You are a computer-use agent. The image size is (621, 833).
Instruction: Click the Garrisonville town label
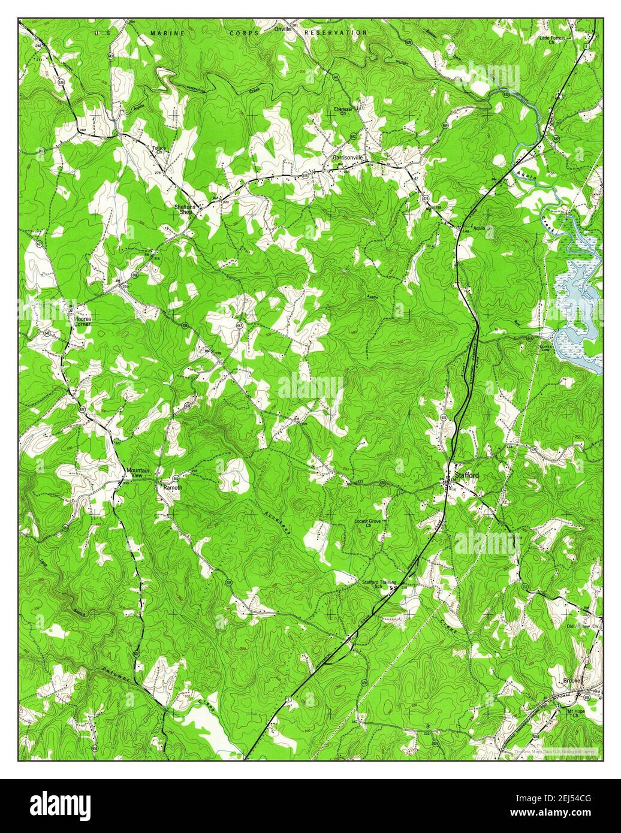351,158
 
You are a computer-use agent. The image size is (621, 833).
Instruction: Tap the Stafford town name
467,475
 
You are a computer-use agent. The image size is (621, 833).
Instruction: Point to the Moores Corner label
82,322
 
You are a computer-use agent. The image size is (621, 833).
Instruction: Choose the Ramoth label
173,488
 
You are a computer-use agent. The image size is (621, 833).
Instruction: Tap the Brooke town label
573,680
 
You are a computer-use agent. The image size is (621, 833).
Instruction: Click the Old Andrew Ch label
583,626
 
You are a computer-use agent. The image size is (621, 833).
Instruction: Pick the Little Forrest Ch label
555,40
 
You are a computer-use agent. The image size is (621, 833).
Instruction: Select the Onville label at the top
282,28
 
